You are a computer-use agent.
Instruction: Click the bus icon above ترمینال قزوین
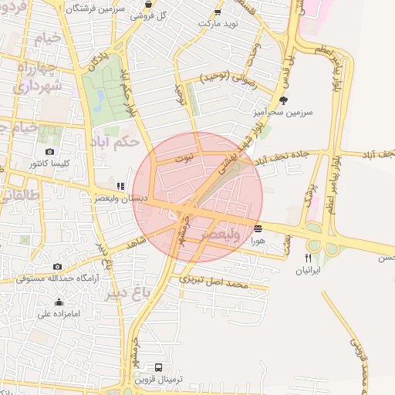click(x=158, y=367)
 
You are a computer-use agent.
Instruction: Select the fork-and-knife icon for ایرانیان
click(x=309, y=258)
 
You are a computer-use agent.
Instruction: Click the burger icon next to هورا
click(x=257, y=228)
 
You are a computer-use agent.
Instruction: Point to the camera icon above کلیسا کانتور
click(x=50, y=152)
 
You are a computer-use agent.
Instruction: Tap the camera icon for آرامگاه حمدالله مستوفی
click(x=57, y=266)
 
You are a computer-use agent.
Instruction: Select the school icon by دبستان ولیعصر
click(x=120, y=186)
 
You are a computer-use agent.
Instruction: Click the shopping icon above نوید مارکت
click(x=218, y=12)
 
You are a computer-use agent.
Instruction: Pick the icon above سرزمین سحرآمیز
click(x=283, y=100)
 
